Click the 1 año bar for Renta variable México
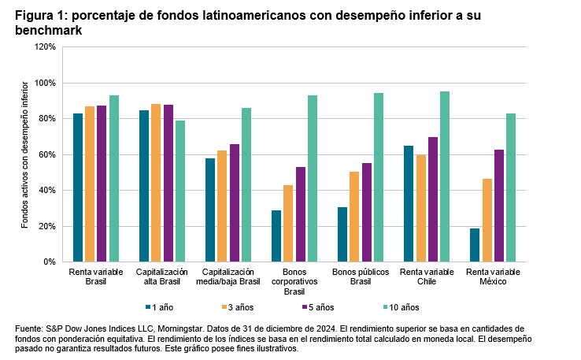[475, 245]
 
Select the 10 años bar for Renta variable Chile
[445, 176]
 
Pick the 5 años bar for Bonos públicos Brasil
[366, 213]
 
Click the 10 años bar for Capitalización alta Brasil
[180, 191]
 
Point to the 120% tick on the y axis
[44, 47]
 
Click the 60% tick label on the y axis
[46, 154]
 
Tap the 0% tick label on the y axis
[49, 262]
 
